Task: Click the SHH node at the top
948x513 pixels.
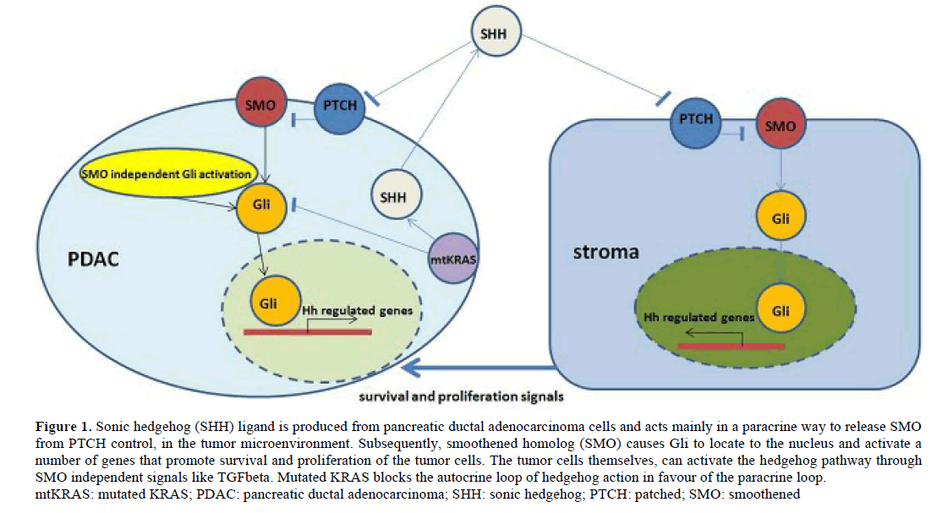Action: click(x=496, y=35)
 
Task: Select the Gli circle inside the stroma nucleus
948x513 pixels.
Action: click(x=781, y=311)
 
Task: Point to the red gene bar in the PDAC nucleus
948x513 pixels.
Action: click(x=307, y=331)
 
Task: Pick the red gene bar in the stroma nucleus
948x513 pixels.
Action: click(x=731, y=345)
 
